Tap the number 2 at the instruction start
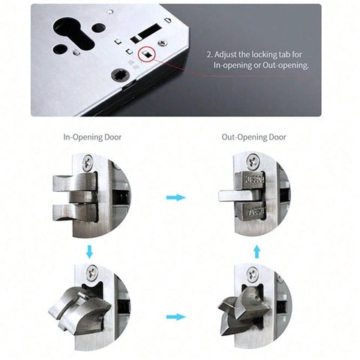pyautogui.click(x=208, y=55)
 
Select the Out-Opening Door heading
pyautogui.click(x=254, y=137)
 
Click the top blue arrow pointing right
pyautogui.click(x=176, y=198)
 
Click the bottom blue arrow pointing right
pyautogui.click(x=176, y=316)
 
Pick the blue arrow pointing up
pyautogui.click(x=256, y=250)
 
